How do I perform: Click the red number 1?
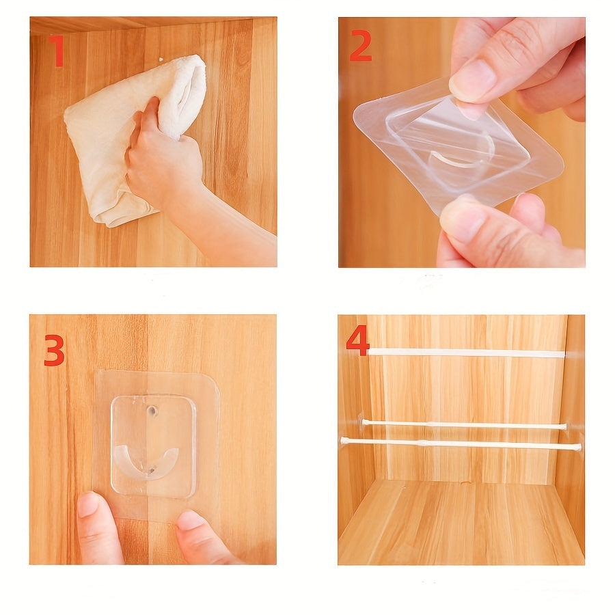[57, 51]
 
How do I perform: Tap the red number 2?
[360, 46]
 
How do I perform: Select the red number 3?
[54, 351]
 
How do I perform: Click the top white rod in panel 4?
[466, 353]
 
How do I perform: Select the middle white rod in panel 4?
[464, 424]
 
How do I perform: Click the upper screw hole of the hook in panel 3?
[152, 411]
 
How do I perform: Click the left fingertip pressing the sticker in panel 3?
[89, 504]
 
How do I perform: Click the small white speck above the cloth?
[161, 59]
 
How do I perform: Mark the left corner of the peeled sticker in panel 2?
[354, 116]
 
